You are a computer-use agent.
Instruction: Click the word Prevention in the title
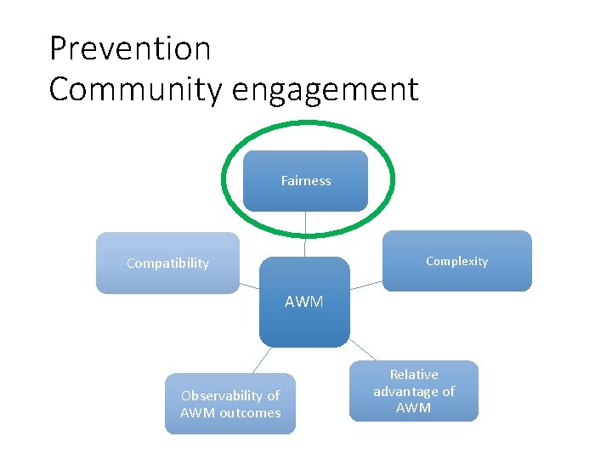(x=130, y=48)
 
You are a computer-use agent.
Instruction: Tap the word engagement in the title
(x=328, y=89)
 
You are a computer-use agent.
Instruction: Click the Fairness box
(x=305, y=180)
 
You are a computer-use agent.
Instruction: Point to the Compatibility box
(x=167, y=263)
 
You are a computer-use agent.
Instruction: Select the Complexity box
(x=456, y=261)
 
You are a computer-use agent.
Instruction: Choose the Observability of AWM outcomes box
(x=229, y=404)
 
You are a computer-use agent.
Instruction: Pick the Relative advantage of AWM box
(x=413, y=391)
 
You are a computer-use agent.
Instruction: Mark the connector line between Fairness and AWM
(x=305, y=234)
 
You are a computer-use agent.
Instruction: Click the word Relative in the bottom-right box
(x=414, y=374)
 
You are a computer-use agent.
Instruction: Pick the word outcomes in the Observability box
(x=250, y=413)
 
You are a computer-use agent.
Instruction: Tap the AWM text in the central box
(x=304, y=301)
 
